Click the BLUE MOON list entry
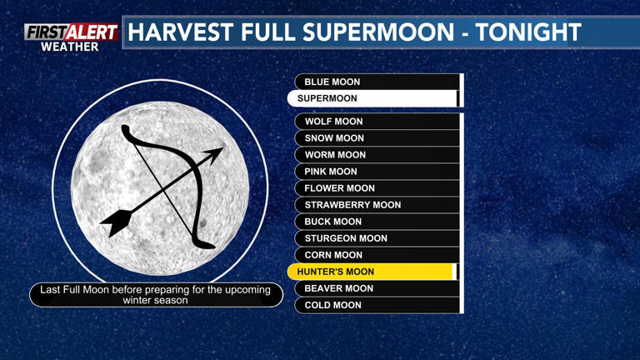pyautogui.click(x=377, y=82)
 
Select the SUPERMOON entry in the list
pyautogui.click(x=372, y=98)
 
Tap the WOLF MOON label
pyautogui.click(x=377, y=122)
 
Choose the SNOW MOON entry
pyautogui.click(x=377, y=138)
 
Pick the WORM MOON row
pyautogui.click(x=377, y=155)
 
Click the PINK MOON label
pyautogui.click(x=377, y=172)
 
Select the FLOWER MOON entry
pyautogui.click(x=377, y=188)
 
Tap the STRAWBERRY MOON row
pyautogui.click(x=377, y=205)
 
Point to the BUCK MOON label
pyautogui.click(x=377, y=222)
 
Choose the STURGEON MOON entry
pyautogui.click(x=377, y=238)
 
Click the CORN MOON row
pyautogui.click(x=377, y=255)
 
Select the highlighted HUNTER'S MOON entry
pyautogui.click(x=372, y=272)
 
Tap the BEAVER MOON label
pyautogui.click(x=377, y=288)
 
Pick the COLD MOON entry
pyautogui.click(x=377, y=305)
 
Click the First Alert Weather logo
pyautogui.click(x=71, y=37)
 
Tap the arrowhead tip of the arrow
pyautogui.click(x=221, y=151)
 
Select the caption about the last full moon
pyautogui.click(x=156, y=294)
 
